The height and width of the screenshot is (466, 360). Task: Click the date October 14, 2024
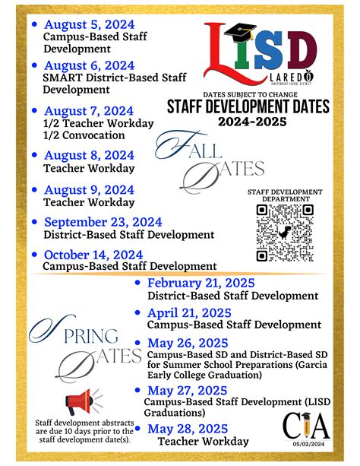[x=93, y=255]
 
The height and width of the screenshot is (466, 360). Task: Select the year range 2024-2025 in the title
[x=257, y=121]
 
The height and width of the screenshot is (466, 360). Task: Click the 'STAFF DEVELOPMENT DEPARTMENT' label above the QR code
[x=285, y=195]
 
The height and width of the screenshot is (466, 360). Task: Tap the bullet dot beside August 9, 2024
[x=35, y=189]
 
